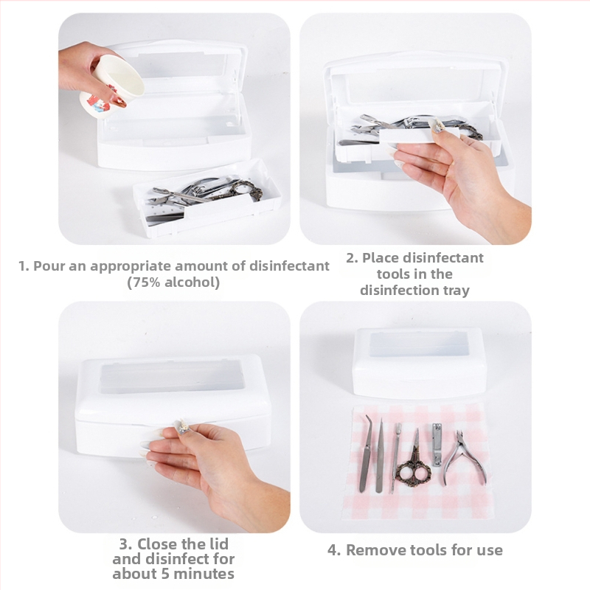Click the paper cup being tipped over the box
tap(113, 86)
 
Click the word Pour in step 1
tap(49, 266)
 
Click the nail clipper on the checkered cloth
tap(437, 445)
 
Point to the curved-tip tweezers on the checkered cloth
tap(365, 454)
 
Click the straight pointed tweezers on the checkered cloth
tap(380, 456)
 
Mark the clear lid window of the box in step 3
tap(173, 377)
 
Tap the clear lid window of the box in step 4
tap(418, 344)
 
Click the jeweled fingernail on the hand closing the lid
tap(182, 428)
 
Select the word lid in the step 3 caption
tap(218, 544)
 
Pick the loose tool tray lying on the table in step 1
tap(207, 198)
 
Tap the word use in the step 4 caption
tap(490, 550)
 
